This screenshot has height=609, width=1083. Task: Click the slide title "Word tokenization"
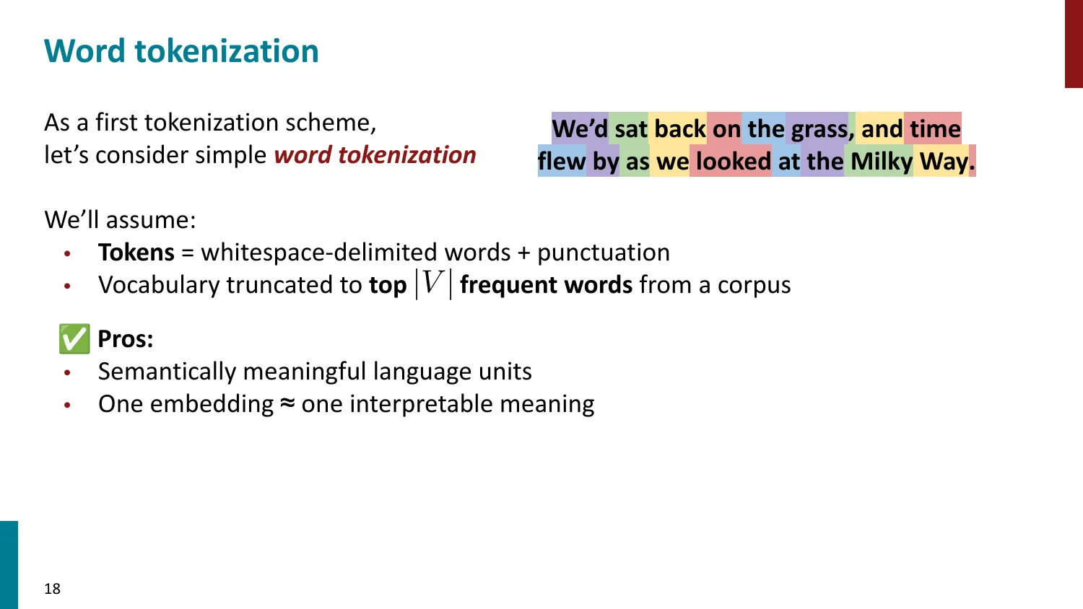[x=181, y=51]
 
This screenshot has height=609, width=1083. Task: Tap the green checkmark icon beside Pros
[x=74, y=339]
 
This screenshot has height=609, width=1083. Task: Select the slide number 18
[x=52, y=589]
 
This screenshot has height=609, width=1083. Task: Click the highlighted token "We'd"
[x=580, y=129]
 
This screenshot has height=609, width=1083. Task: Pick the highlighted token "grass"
[x=819, y=129]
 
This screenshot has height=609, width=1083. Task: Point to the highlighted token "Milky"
[x=881, y=162]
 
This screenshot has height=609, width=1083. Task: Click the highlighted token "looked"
[x=733, y=162]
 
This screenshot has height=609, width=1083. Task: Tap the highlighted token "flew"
[x=562, y=162]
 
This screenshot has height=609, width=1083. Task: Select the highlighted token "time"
[x=935, y=129]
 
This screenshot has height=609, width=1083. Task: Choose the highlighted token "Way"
[x=943, y=162]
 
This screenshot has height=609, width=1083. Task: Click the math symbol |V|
[x=433, y=284]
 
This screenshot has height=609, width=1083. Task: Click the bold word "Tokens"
[x=136, y=253]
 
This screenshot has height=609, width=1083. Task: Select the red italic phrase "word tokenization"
[x=375, y=155]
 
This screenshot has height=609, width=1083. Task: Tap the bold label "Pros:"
[x=126, y=339]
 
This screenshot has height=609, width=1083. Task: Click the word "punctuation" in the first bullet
[x=604, y=253]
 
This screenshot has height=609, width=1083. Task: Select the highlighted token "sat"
[x=630, y=129]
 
